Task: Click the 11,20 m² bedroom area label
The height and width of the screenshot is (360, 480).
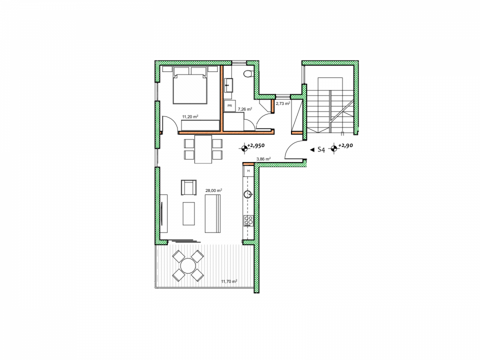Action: [x=190, y=116]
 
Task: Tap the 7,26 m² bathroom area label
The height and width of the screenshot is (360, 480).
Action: [x=245, y=109]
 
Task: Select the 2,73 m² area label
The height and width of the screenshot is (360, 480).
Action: [x=283, y=103]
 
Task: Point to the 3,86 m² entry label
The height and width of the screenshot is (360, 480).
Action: [x=263, y=159]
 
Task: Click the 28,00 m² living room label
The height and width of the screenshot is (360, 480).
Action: [x=213, y=190]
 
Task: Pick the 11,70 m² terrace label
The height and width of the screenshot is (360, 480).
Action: [x=229, y=281]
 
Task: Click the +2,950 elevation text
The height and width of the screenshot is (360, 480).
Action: [x=256, y=145]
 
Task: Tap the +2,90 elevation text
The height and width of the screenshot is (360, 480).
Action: [x=345, y=145]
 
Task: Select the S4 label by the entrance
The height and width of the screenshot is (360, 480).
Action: [x=321, y=149]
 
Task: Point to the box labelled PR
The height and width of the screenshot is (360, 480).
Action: [x=229, y=106]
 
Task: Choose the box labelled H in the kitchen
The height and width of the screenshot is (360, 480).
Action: [x=248, y=171]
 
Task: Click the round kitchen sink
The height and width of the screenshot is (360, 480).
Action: [x=248, y=194]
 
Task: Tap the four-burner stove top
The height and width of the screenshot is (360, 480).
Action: [x=248, y=220]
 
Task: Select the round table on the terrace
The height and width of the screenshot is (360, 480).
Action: [x=188, y=265]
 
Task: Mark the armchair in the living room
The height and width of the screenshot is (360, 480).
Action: [x=189, y=187]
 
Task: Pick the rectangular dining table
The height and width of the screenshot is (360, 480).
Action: [x=203, y=149]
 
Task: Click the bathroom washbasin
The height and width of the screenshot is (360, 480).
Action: [x=228, y=85]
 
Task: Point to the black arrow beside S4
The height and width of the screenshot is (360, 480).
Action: [x=312, y=150]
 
